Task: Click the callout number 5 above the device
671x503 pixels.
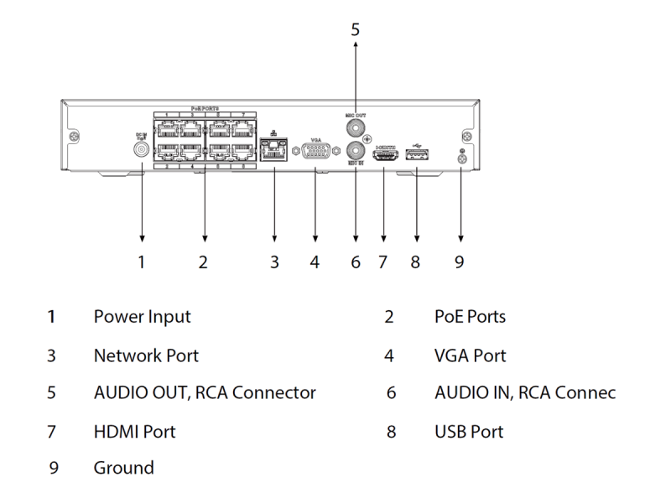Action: tap(355, 29)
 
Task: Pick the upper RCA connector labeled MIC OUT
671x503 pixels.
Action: tap(356, 127)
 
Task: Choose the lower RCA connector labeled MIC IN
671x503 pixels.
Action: tap(356, 153)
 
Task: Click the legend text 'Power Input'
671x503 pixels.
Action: tap(142, 317)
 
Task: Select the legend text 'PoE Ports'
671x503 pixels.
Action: tap(471, 317)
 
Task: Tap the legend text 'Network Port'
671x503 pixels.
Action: tap(146, 355)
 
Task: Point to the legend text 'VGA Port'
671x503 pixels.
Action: tap(471, 355)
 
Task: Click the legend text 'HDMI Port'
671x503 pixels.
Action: tap(134, 432)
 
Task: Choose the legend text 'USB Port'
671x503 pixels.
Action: tap(470, 432)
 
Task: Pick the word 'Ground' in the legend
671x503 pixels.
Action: tap(123, 468)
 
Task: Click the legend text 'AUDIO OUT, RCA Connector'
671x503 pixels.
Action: tap(205, 393)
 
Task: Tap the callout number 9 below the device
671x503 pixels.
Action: tap(459, 262)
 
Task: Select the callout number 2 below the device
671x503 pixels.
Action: tap(203, 262)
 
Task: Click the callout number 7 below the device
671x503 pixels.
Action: tap(382, 262)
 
